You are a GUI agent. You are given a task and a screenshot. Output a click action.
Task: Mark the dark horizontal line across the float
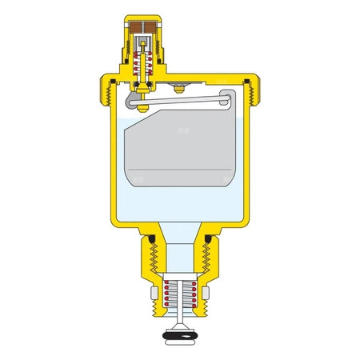pos(180,170)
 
